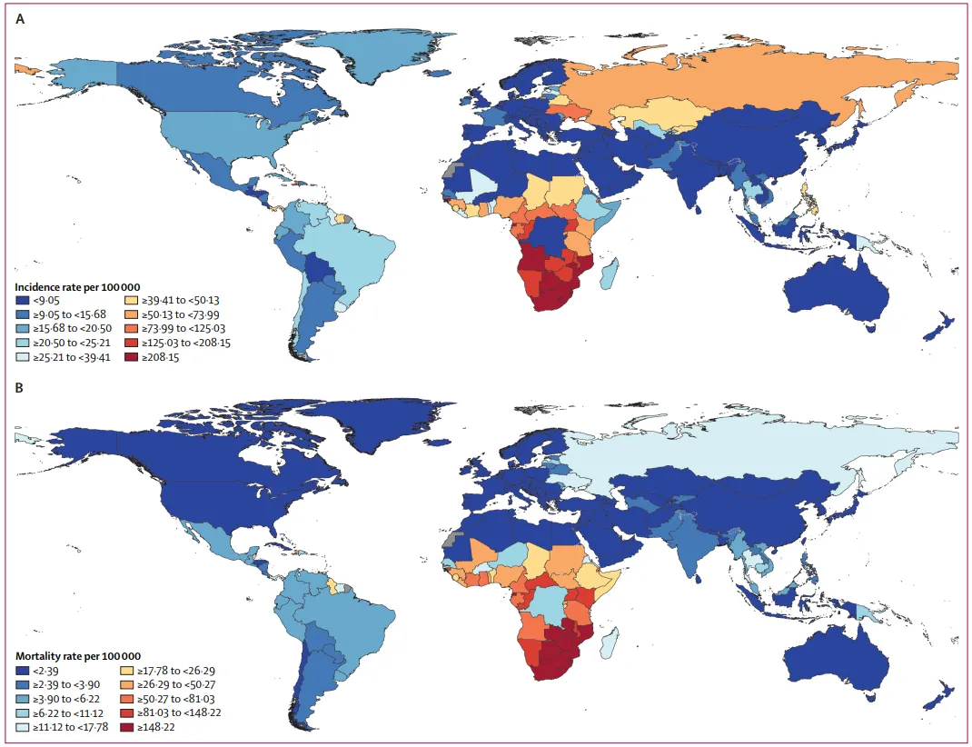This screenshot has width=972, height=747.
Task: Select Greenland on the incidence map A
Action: (x=400, y=55)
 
